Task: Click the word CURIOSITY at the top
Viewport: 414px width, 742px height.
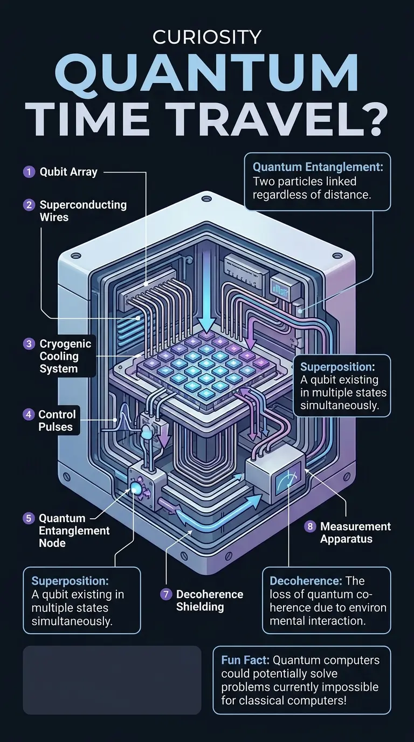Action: click(x=207, y=37)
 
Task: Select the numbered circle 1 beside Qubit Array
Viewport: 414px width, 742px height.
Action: click(x=29, y=172)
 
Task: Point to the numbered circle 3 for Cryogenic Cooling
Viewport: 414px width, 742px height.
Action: click(x=29, y=343)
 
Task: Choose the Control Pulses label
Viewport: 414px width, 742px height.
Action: click(x=57, y=421)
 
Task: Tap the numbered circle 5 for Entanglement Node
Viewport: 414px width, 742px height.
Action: click(x=29, y=518)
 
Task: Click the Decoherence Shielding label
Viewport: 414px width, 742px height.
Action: click(x=210, y=600)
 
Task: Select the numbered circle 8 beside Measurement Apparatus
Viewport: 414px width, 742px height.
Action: click(x=310, y=526)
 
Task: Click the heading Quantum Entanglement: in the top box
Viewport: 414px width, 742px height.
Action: click(x=318, y=167)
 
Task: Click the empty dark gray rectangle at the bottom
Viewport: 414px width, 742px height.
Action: click(x=112, y=680)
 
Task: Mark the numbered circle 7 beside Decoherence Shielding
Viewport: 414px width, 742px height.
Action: click(x=167, y=594)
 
